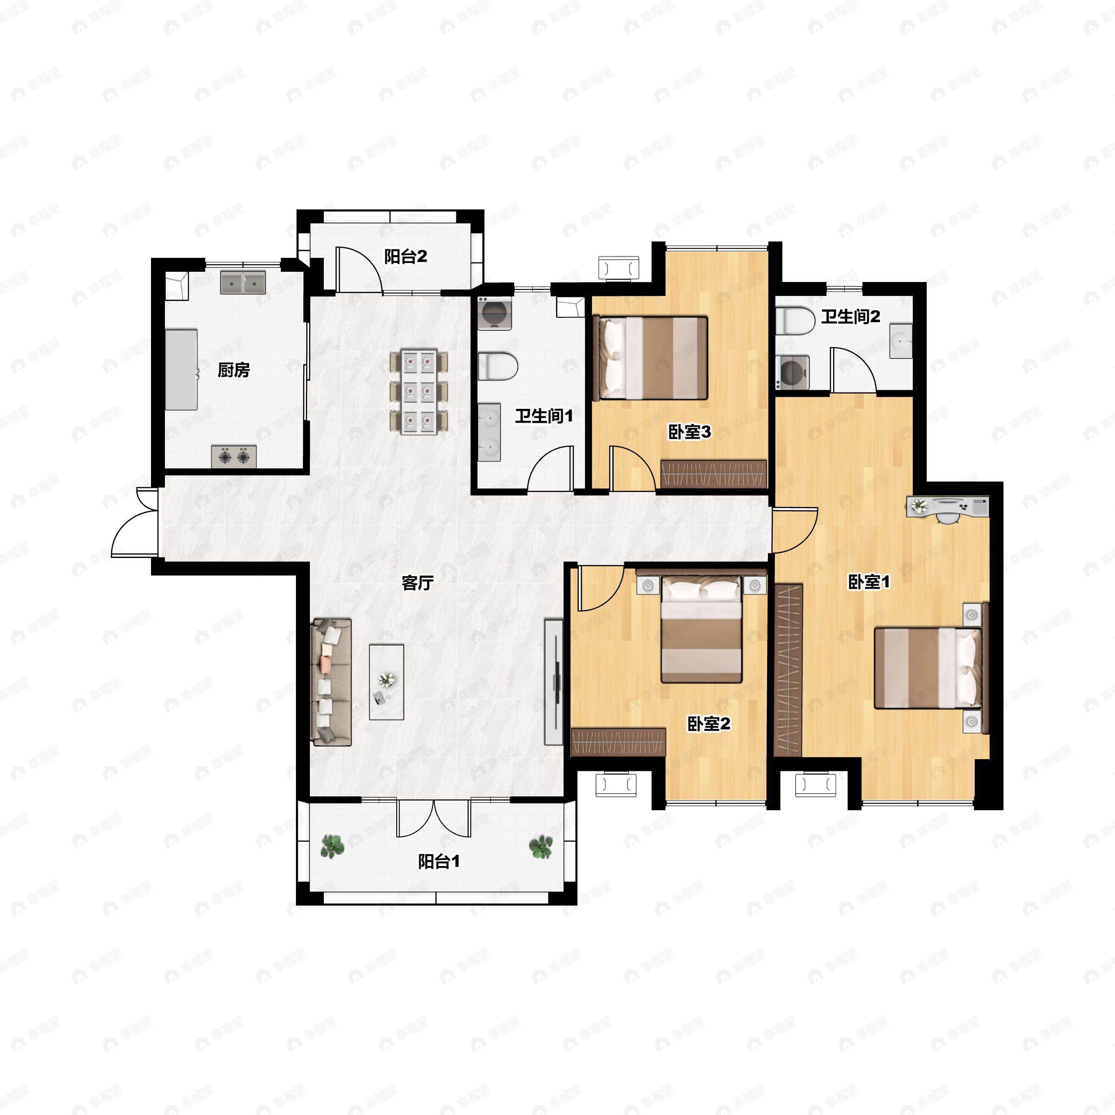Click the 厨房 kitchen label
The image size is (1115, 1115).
234,370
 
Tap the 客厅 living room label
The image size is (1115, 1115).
417,583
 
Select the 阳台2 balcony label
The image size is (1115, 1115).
406,256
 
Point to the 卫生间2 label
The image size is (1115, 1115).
851,316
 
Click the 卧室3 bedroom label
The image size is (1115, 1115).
689,432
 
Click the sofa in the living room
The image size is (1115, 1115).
331,682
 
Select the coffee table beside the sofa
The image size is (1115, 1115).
387,682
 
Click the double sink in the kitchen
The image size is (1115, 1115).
243,283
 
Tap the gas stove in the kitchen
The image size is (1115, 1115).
234,457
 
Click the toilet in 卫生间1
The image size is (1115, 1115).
498,367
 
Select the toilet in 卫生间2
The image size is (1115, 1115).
795,321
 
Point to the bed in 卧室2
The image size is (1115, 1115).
701,629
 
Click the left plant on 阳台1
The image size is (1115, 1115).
333,846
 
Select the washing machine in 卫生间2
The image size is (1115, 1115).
793,372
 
